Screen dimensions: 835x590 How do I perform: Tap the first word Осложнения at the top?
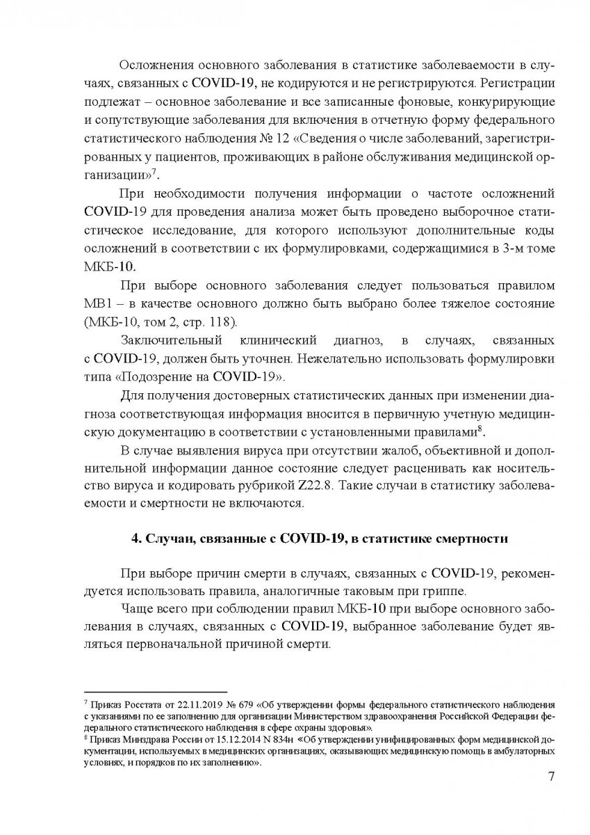pos(161,66)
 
